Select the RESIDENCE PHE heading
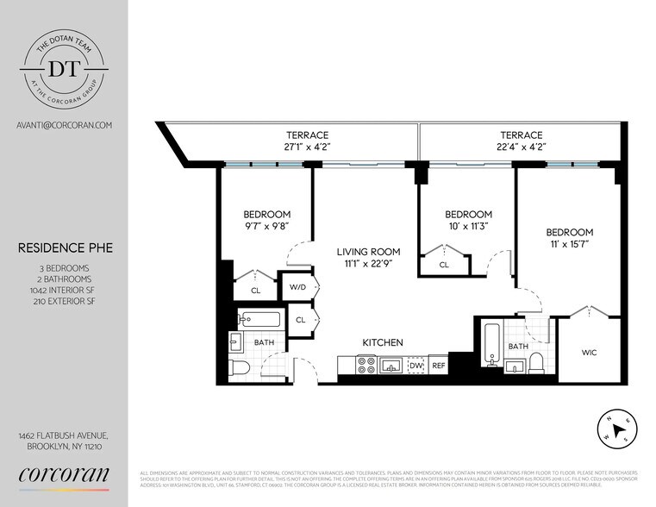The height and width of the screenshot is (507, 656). pos(64,248)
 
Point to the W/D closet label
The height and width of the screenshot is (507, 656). pos(298,286)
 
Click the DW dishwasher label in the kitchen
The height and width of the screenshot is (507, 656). pos(415,366)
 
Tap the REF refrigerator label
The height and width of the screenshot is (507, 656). pos(438,366)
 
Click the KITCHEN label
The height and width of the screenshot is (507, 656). pos(382,343)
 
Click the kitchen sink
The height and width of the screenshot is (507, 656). pos(391,366)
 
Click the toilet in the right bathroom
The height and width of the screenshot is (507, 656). pos(536,362)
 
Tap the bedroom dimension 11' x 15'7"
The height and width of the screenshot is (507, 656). pos(569,245)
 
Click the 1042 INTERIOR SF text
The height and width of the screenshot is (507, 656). pos(64,292)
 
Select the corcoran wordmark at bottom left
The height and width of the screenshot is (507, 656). pos(64,473)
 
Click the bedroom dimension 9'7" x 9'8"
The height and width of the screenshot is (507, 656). pos(266,227)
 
